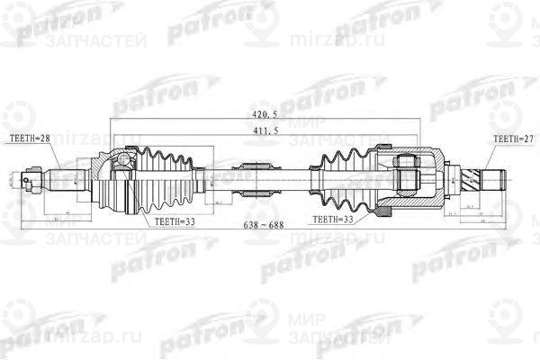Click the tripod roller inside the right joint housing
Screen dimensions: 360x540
tap(406, 175)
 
